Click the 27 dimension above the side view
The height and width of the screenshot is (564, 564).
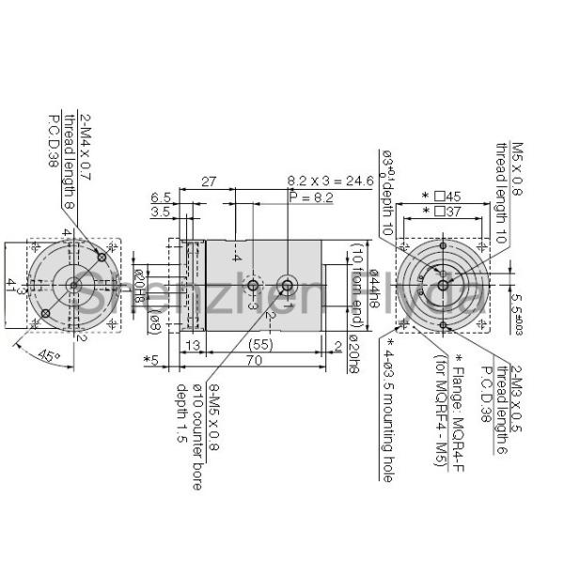(209, 181)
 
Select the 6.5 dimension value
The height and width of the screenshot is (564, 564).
(161, 198)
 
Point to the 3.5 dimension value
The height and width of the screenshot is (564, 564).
(161, 213)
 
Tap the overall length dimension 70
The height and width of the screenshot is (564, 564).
(255, 359)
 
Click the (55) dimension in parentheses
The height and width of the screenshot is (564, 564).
(263, 344)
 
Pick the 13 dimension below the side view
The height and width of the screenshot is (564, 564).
(195, 344)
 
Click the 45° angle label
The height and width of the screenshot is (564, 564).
(52, 356)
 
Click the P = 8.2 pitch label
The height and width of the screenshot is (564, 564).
(310, 198)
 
